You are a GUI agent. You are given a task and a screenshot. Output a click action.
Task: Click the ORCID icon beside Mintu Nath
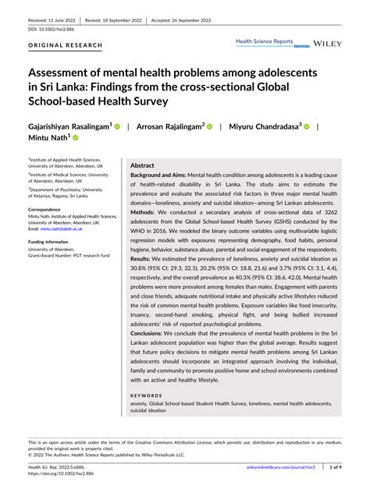[x=76, y=138]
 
